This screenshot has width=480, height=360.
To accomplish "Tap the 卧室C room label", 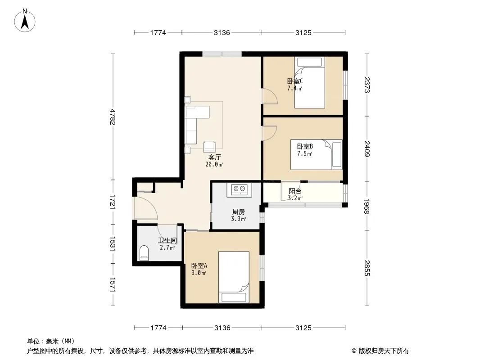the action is point(295,81).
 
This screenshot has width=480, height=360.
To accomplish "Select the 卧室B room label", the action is point(305,147).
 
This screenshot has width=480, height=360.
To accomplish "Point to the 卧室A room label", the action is point(199,265).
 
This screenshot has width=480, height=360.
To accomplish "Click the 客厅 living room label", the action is point(214,157).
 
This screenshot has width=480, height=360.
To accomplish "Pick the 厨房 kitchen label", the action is point(239,211).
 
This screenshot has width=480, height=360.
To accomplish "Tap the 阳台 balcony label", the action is point(295,191).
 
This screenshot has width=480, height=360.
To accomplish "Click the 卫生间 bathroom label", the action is point(167,241).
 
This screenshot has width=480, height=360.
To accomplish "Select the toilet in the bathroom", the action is point(144,253).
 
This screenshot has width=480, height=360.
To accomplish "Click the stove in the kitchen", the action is point(239,189).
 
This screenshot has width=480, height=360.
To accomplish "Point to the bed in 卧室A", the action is point(234,277).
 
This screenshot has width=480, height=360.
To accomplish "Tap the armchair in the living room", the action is point(209,147).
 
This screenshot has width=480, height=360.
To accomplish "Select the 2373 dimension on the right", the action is point(367,85).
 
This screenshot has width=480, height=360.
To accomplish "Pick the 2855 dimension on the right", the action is point(367,268).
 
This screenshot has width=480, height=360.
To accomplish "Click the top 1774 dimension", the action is point(158,32).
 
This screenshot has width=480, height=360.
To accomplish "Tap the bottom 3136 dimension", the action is point(222,328).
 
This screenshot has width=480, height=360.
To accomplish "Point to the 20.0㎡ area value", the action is point(214,165).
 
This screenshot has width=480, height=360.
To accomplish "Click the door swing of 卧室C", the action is point(270,96).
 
